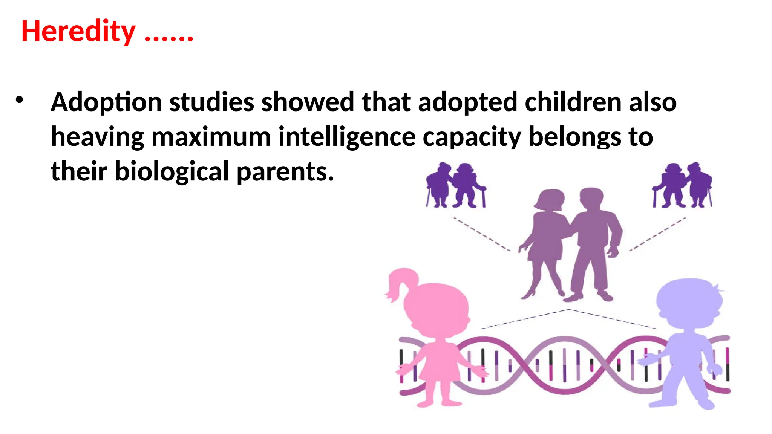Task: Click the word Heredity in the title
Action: (x=78, y=32)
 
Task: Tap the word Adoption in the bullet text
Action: (x=106, y=102)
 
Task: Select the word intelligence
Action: (x=347, y=137)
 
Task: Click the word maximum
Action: (x=211, y=137)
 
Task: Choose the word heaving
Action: (x=97, y=137)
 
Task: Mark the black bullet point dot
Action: (x=19, y=100)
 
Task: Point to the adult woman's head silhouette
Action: (x=551, y=199)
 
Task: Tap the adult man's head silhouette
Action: (x=591, y=198)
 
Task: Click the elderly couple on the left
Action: (x=455, y=185)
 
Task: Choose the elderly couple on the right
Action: (x=682, y=185)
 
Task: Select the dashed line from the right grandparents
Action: (x=658, y=234)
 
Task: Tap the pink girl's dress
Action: (x=439, y=364)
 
